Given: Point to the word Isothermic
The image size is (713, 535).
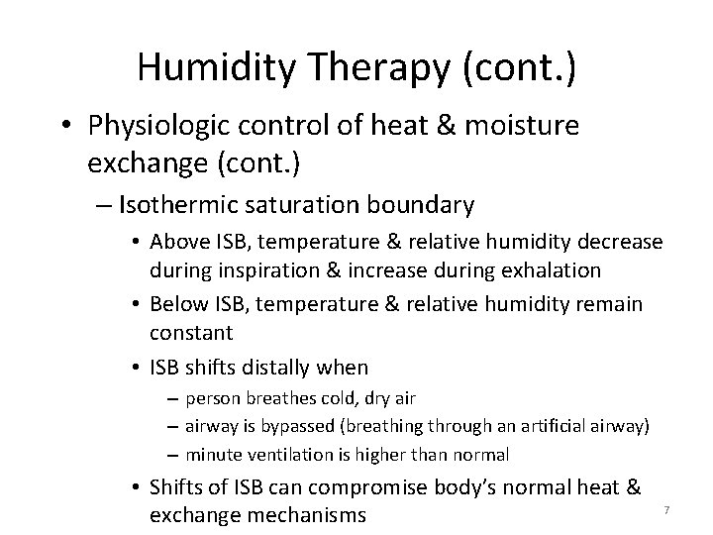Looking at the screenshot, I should tap(170, 205).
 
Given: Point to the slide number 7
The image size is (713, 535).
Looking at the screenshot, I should tap(666, 509).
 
